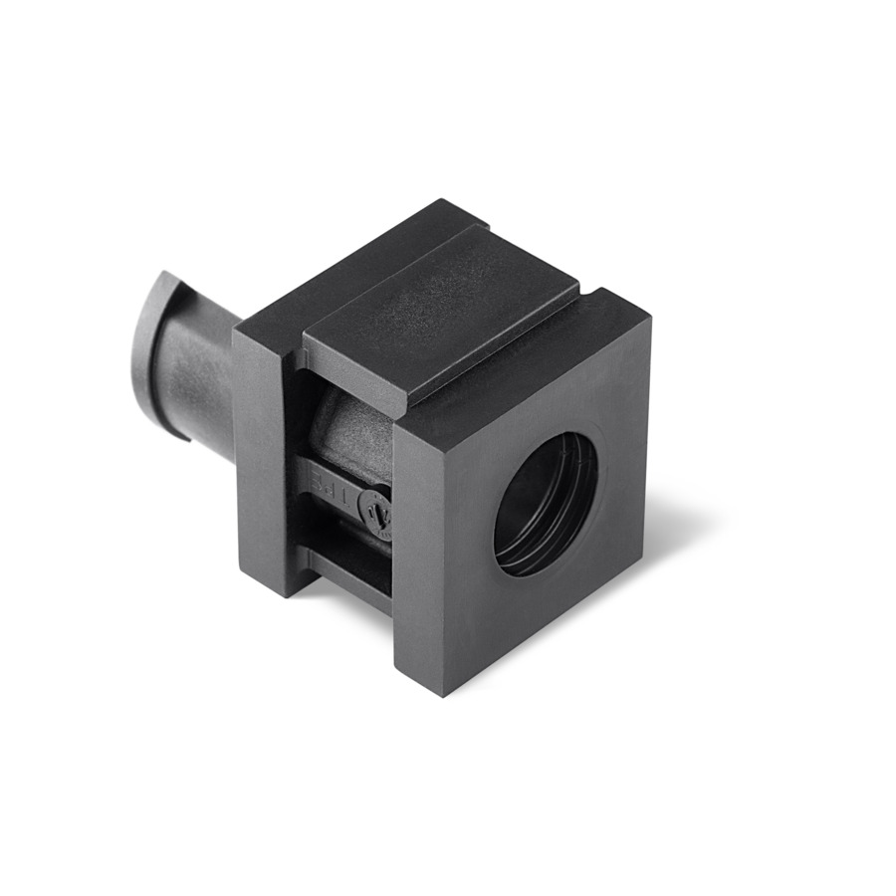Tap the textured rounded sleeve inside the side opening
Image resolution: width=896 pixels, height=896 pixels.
pos(348,428)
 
